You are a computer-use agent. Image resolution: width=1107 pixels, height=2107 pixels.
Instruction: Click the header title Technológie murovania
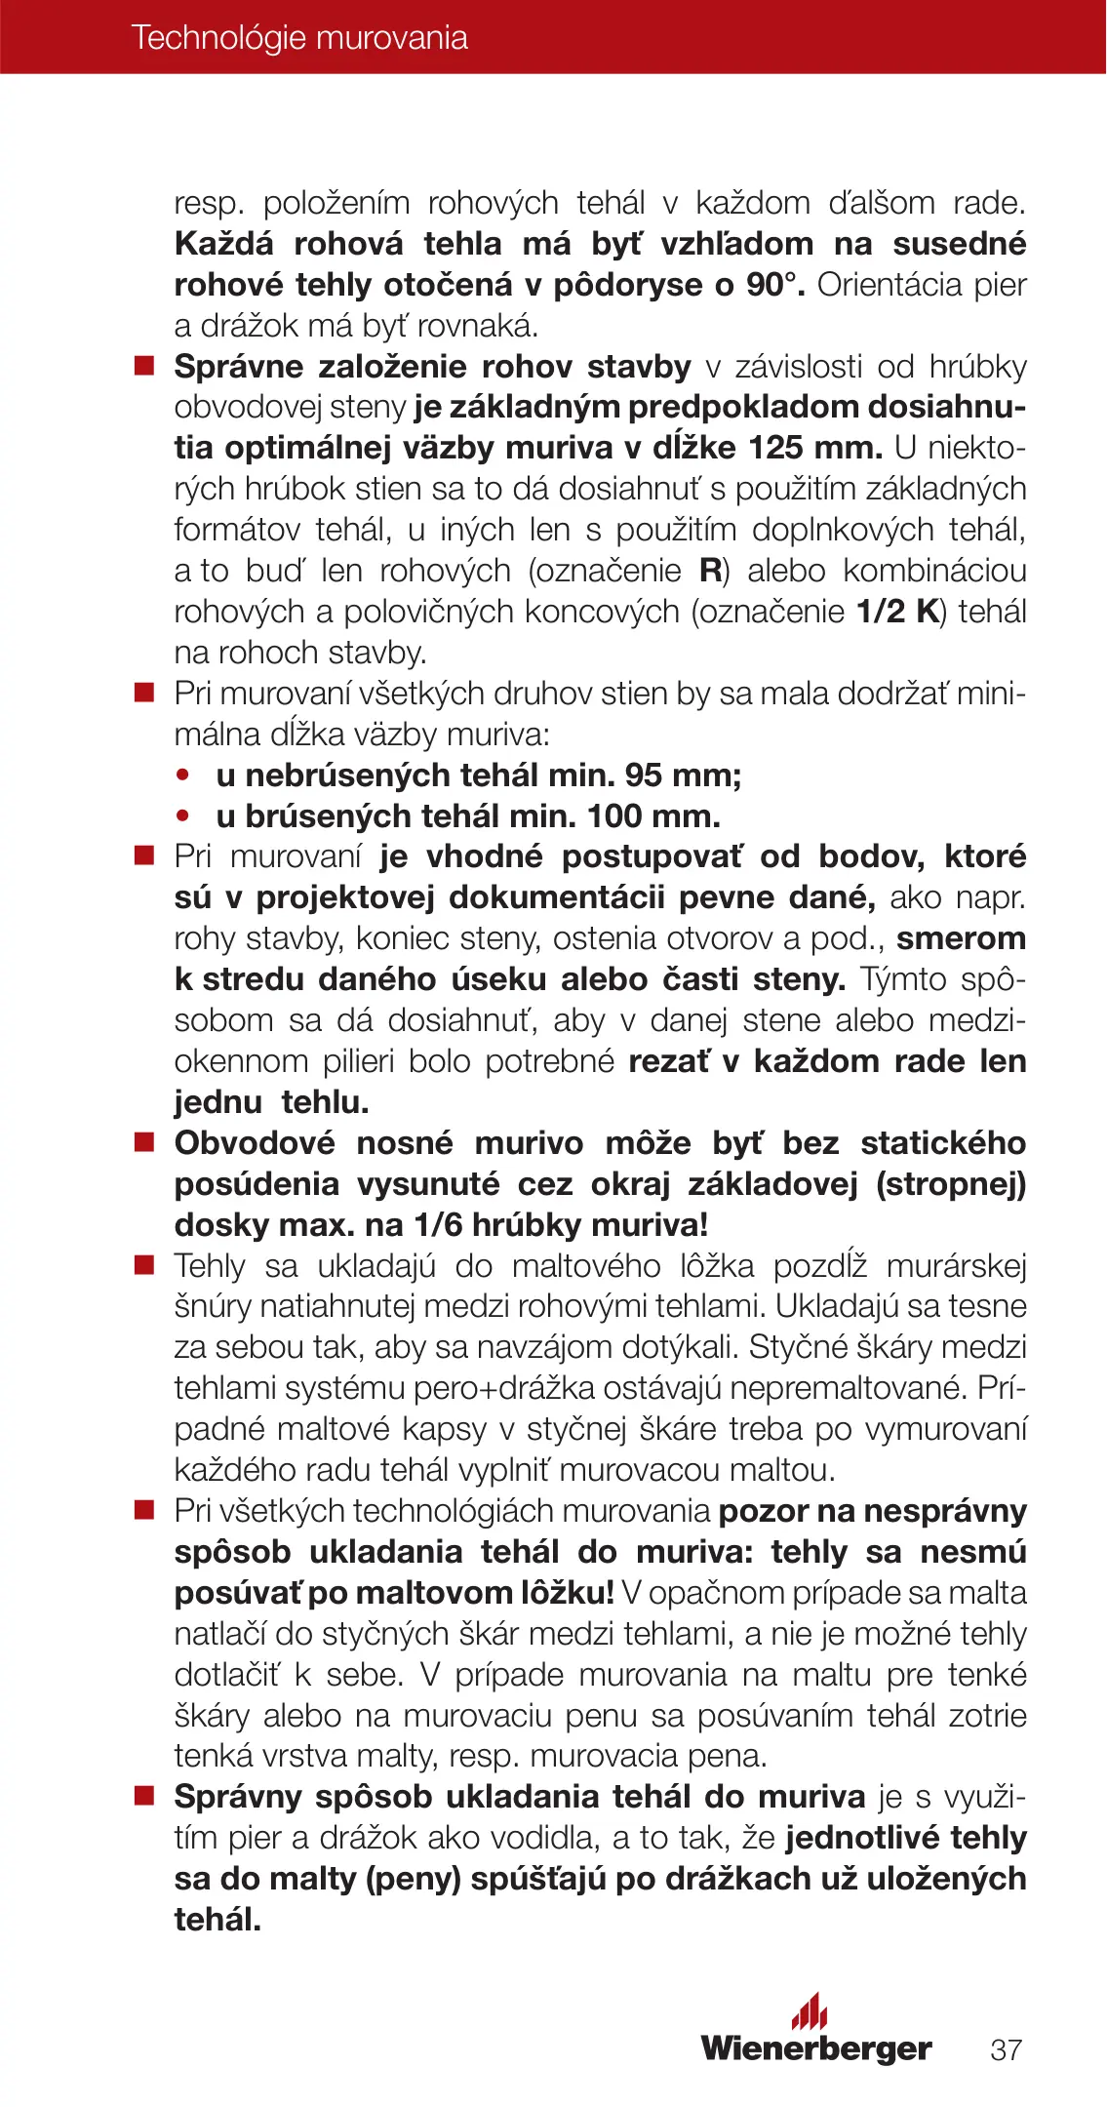tap(299, 38)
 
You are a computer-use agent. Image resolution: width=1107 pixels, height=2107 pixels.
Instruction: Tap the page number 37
tap(1006, 2049)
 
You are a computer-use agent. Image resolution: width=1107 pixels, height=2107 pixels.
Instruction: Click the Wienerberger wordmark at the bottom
tap(816, 2048)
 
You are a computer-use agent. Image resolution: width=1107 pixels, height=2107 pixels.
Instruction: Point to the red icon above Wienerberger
tap(810, 2011)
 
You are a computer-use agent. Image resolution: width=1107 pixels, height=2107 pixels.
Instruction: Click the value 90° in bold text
tap(775, 285)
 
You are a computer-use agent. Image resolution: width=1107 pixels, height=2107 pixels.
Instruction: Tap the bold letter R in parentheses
tap(710, 571)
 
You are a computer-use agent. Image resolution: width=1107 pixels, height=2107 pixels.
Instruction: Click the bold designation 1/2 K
tap(896, 612)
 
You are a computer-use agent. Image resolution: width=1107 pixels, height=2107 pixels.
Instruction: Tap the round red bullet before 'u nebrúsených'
tap(182, 775)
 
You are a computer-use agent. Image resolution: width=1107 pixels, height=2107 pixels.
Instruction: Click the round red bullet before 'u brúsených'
tap(182, 816)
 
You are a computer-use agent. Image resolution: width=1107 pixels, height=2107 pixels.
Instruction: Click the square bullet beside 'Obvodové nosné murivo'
tap(144, 1143)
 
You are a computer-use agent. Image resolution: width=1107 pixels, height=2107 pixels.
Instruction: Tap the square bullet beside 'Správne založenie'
tap(144, 367)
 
